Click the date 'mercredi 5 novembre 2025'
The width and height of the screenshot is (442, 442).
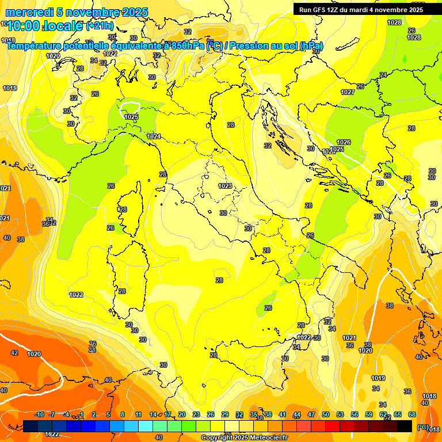tap(77, 12)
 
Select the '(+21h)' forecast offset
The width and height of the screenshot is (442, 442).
tap(100, 26)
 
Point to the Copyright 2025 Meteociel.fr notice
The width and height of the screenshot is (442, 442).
tap(244, 437)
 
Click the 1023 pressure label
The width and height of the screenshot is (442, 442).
tap(225, 186)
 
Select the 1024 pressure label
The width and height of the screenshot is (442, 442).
tap(154, 136)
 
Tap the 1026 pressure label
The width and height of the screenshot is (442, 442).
tap(344, 142)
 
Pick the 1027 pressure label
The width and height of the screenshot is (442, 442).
tap(347, 92)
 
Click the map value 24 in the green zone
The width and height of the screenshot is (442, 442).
tap(383, 75)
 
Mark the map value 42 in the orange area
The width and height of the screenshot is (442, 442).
tap(15, 353)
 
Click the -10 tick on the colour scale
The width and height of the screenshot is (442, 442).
tap(39, 414)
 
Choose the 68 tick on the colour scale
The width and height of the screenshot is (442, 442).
tap(412, 414)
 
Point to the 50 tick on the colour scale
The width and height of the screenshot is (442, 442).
tap(326, 414)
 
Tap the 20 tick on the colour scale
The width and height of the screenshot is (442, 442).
tap(182, 414)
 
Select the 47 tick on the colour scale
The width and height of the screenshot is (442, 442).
tap(311, 414)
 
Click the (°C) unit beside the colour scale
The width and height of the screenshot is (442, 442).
tap(422, 426)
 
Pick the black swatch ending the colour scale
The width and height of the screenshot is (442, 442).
tap(405, 426)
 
